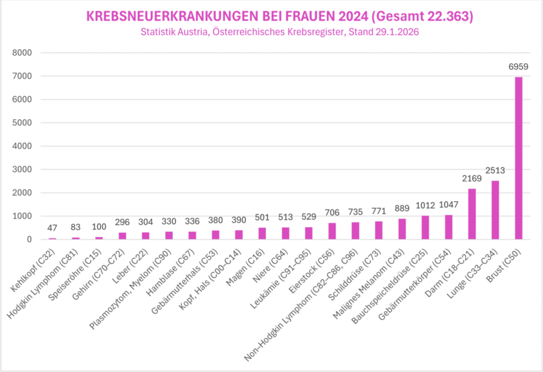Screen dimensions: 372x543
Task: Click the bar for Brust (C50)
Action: pyautogui.click(x=518, y=158)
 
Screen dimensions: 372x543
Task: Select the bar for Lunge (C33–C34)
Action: pyautogui.click(x=495, y=210)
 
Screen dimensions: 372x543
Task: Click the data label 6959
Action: pyautogui.click(x=518, y=67)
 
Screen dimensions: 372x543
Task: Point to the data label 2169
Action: pyautogui.click(x=472, y=178)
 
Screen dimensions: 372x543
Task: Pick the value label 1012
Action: pyautogui.click(x=425, y=205)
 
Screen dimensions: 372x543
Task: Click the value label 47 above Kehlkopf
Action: pyautogui.click(x=52, y=228)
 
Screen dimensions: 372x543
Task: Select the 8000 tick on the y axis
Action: pyautogui.click(x=22, y=53)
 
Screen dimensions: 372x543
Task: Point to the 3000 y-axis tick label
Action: pyautogui.click(x=22, y=169)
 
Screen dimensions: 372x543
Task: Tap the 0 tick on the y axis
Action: pyautogui.click(x=29, y=239)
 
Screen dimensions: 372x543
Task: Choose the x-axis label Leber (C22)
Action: pyautogui.click(x=130, y=266)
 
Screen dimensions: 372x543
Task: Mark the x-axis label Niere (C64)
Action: pyautogui.click(x=270, y=265)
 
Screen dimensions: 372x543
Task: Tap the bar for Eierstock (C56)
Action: pyautogui.click(x=332, y=231)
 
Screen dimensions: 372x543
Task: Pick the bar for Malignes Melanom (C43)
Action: pyautogui.click(x=402, y=229)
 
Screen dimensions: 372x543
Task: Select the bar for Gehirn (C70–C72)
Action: pyautogui.click(x=122, y=236)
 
